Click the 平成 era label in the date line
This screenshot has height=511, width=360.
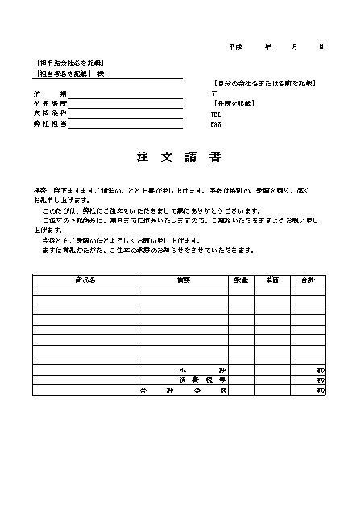[235, 48]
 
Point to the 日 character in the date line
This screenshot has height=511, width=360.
[321, 48]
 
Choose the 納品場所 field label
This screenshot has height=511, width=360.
[51, 104]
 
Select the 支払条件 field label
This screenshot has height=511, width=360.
[51, 114]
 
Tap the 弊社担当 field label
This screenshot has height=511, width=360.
[51, 124]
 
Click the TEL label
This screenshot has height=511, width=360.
[216, 114]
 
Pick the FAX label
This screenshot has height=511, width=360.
[216, 124]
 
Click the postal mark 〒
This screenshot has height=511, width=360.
[213, 93]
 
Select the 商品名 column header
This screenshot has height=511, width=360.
[85, 279]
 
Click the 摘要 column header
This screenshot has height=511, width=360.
[183, 279]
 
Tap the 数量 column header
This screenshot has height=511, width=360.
[241, 279]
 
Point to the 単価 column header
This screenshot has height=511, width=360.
[272, 279]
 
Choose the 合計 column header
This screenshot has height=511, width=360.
[308, 279]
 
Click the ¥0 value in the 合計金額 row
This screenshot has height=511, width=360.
[320, 390]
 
